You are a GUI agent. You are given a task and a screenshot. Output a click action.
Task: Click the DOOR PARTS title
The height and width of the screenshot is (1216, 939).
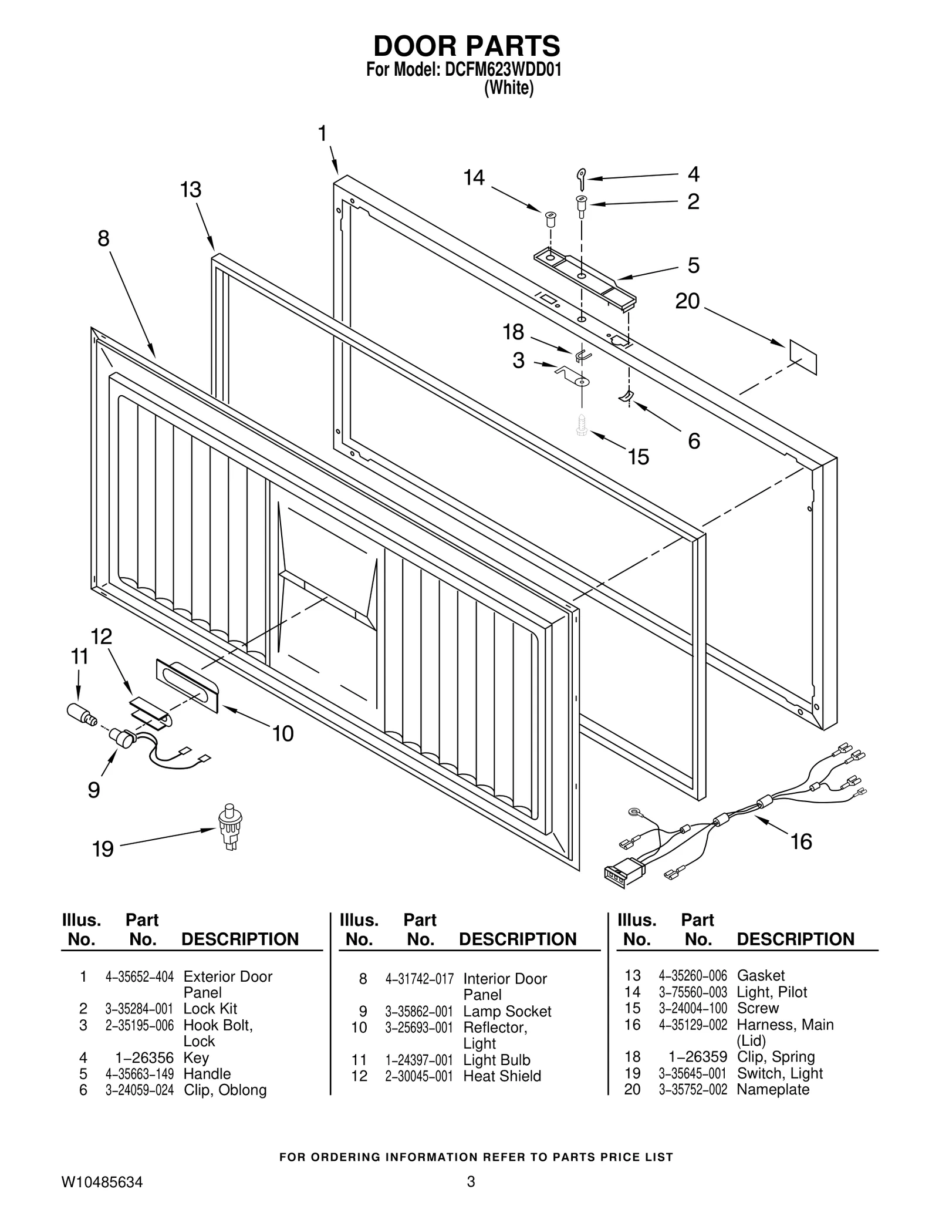pyautogui.click(x=467, y=46)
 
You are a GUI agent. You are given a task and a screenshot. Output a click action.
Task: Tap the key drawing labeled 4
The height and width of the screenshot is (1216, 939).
pyautogui.click(x=580, y=178)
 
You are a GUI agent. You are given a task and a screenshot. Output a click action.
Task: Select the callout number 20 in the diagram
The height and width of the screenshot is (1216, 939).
pyautogui.click(x=687, y=301)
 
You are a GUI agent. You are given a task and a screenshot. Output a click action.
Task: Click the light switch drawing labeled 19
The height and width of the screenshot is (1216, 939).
pyautogui.click(x=230, y=828)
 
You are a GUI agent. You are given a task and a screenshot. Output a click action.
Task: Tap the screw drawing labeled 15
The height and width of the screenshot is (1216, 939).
pyautogui.click(x=582, y=425)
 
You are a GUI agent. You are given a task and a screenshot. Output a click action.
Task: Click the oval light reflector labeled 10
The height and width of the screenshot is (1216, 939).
pyautogui.click(x=187, y=685)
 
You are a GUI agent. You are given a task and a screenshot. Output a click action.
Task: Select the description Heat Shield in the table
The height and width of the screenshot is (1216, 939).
pyautogui.click(x=502, y=1076)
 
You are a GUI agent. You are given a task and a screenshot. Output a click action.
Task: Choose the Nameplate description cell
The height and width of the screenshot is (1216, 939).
pyautogui.click(x=772, y=1090)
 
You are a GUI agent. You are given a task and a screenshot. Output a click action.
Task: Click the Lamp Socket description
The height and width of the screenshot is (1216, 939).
pyautogui.click(x=507, y=1012)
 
